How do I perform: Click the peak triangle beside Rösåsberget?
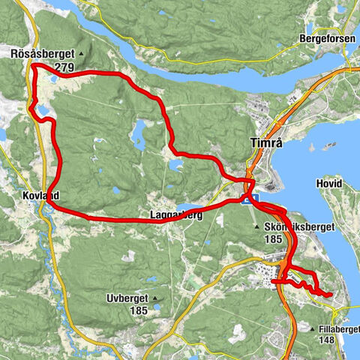coord(79,54)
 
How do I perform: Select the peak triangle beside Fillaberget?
coord(311,328)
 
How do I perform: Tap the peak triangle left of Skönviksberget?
coord(257,226)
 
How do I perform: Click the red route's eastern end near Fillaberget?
coord(330,295)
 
